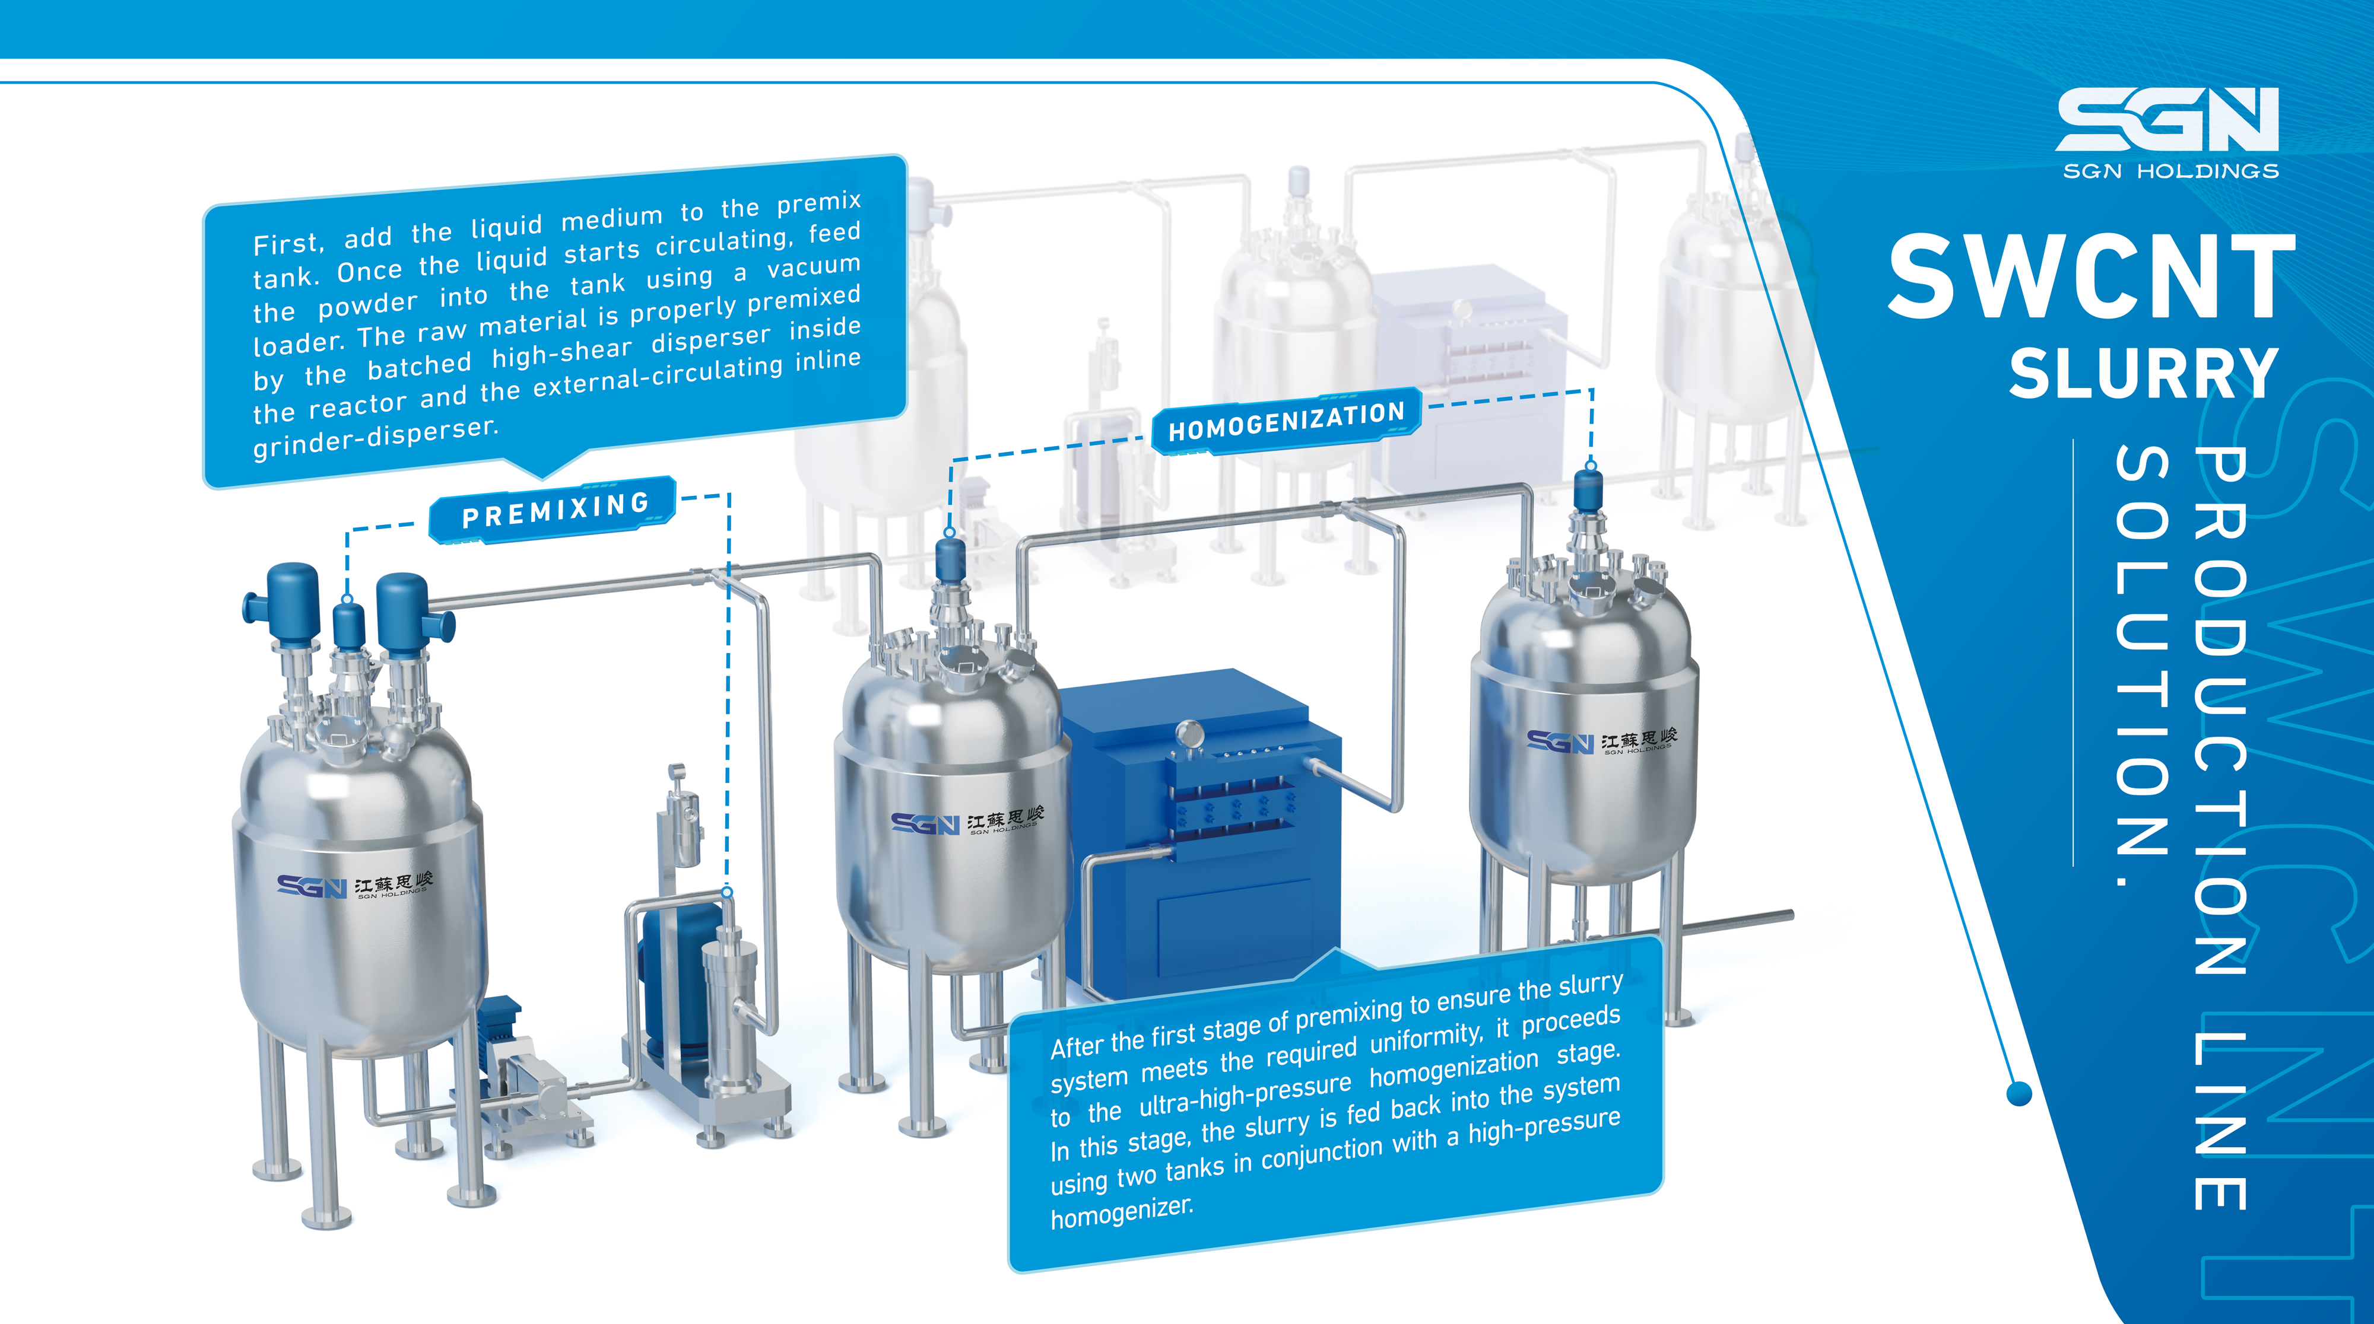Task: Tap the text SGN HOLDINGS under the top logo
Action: [x=2170, y=171]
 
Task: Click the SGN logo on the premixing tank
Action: [x=312, y=886]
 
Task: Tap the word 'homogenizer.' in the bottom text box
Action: [x=1122, y=1212]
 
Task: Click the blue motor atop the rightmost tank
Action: [x=1589, y=488]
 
